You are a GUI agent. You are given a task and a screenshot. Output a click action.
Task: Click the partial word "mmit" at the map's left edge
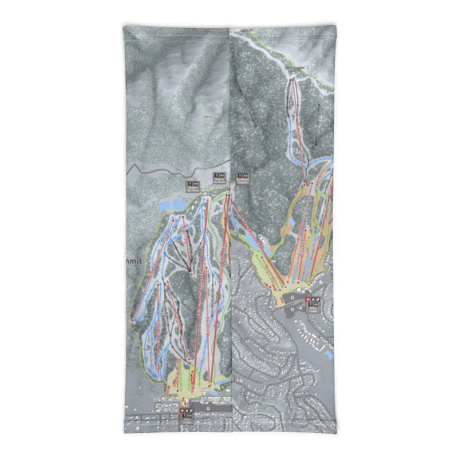(131, 260)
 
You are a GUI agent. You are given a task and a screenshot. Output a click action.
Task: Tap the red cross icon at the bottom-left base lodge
(183, 410)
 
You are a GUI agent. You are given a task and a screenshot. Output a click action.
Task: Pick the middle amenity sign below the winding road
(218, 176)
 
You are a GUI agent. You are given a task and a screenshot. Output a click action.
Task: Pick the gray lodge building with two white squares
(295, 298)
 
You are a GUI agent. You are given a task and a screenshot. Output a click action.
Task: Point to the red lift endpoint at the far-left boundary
(133, 321)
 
